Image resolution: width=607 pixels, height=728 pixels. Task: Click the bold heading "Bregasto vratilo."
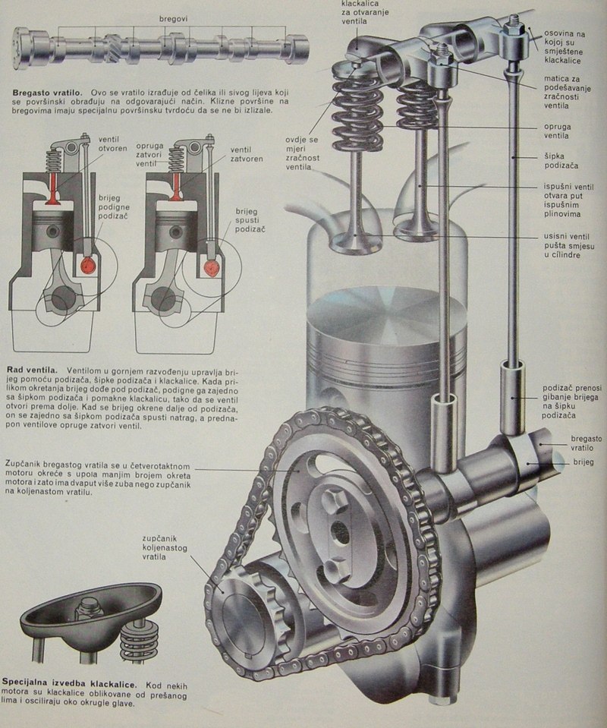(x=47, y=93)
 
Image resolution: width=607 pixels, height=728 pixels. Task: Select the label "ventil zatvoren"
(x=247, y=154)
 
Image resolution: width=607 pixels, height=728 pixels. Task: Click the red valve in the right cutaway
(x=176, y=187)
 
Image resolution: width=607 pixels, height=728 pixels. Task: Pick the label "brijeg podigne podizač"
(x=114, y=207)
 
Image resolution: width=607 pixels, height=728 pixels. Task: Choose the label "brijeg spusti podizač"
(x=250, y=220)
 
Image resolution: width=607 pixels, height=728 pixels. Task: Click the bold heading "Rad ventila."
(x=32, y=370)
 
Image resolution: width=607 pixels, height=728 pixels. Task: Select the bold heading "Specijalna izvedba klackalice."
(x=69, y=684)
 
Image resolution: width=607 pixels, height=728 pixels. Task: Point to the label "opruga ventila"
(x=558, y=131)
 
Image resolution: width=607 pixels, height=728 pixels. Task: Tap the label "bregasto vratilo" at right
(x=586, y=443)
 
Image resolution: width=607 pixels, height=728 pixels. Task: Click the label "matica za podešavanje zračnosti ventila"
(x=567, y=92)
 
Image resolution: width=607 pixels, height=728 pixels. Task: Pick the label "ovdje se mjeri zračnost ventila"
(x=303, y=153)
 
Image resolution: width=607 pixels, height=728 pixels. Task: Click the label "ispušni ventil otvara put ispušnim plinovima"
(x=568, y=200)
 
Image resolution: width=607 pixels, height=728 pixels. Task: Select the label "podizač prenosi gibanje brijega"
(x=572, y=401)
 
